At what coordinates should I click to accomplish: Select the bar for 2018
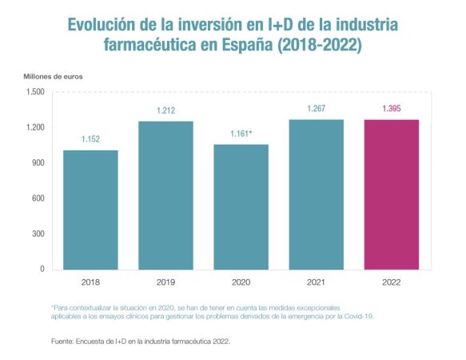[x=90, y=210]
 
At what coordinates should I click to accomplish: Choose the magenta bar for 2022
[x=391, y=194]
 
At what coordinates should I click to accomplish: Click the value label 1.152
[x=90, y=140]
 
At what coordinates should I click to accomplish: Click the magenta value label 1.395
[x=391, y=109]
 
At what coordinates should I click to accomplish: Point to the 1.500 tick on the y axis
[x=34, y=92]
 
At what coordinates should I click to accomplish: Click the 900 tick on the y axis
[x=38, y=163]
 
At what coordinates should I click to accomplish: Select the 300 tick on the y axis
[x=38, y=234]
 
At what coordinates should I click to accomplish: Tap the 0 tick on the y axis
[x=42, y=270]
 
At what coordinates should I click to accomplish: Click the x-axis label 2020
[x=241, y=282]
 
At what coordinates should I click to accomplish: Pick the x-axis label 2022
[x=391, y=282]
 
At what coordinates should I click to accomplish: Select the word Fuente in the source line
[x=62, y=341]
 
